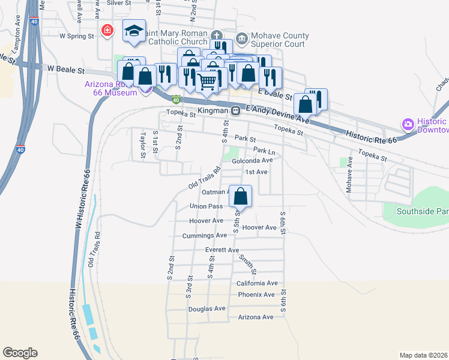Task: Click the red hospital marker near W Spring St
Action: pos(107,31)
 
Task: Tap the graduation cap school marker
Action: pos(134,31)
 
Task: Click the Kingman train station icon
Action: pos(237,110)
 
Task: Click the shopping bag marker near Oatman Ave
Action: pos(240,196)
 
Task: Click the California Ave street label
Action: pos(257,283)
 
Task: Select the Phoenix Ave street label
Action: pos(256,295)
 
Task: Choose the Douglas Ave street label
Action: pos(206,308)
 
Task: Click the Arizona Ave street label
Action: pos(256,317)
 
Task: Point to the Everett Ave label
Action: pos(222,250)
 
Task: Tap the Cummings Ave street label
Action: pos(205,236)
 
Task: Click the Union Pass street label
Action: pos(206,206)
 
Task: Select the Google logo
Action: pos(20,353)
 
